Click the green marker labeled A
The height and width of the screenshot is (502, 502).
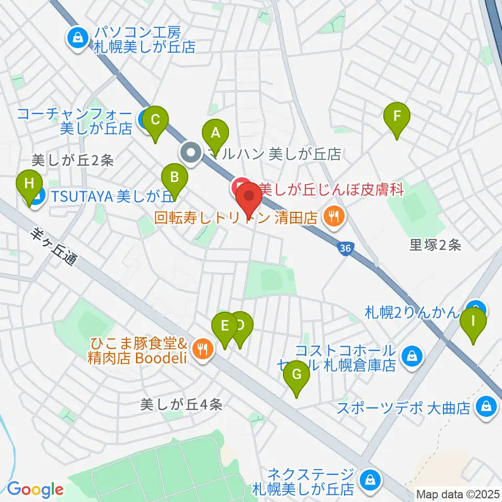215,133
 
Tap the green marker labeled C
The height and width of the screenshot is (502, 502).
155,120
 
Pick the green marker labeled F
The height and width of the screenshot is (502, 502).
396,116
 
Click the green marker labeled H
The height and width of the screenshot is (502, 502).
29,185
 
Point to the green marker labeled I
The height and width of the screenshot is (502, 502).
473,321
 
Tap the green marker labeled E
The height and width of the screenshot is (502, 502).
225,327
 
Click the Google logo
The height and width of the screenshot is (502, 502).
35,489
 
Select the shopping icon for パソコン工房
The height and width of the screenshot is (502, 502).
77,38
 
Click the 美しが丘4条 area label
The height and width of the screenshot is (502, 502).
181,404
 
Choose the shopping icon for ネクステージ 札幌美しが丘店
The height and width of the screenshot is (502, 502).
370,479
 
